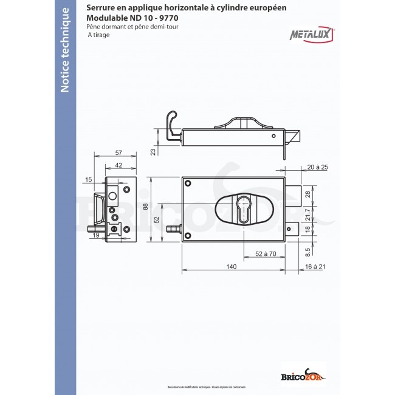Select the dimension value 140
231,267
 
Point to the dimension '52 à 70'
266,253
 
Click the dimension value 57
118,153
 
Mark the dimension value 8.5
308,249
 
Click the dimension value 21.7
308,216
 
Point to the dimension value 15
89,180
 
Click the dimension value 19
96,244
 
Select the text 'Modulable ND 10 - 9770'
128,18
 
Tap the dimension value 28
307,194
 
